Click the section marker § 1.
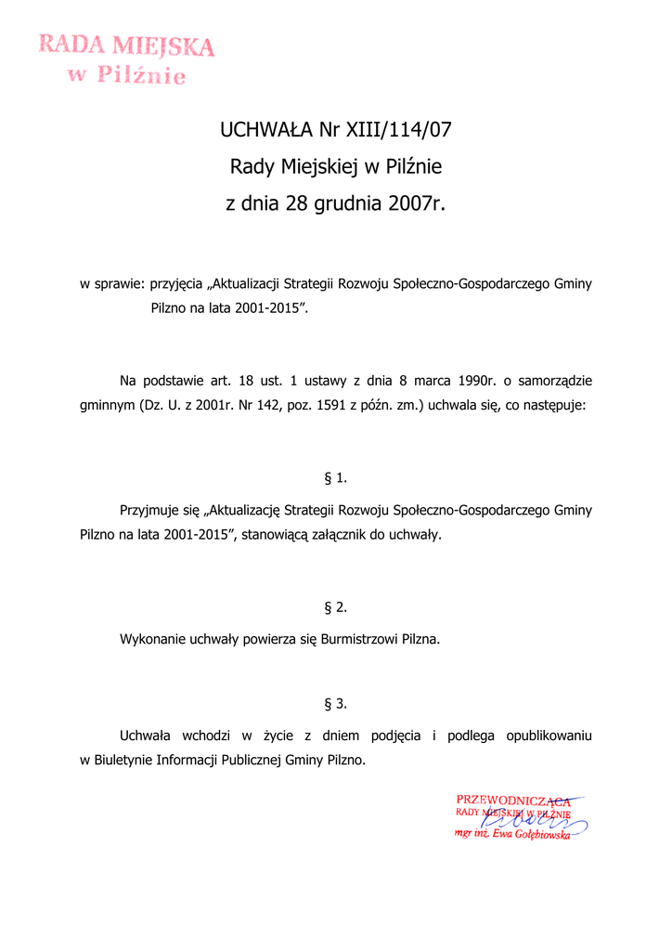click(336, 478)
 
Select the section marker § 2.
click(336, 607)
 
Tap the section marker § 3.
click(336, 704)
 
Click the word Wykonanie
click(153, 640)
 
